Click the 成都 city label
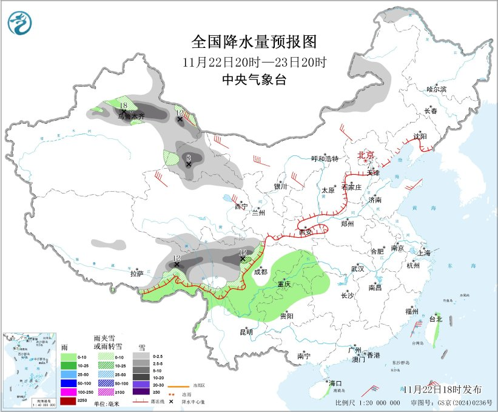click(260, 272)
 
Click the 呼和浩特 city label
click(325, 159)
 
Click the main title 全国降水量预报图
click(254, 42)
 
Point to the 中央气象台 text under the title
click(254, 79)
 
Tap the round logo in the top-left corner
click(21, 22)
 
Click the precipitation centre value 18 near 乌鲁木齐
click(123, 106)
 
